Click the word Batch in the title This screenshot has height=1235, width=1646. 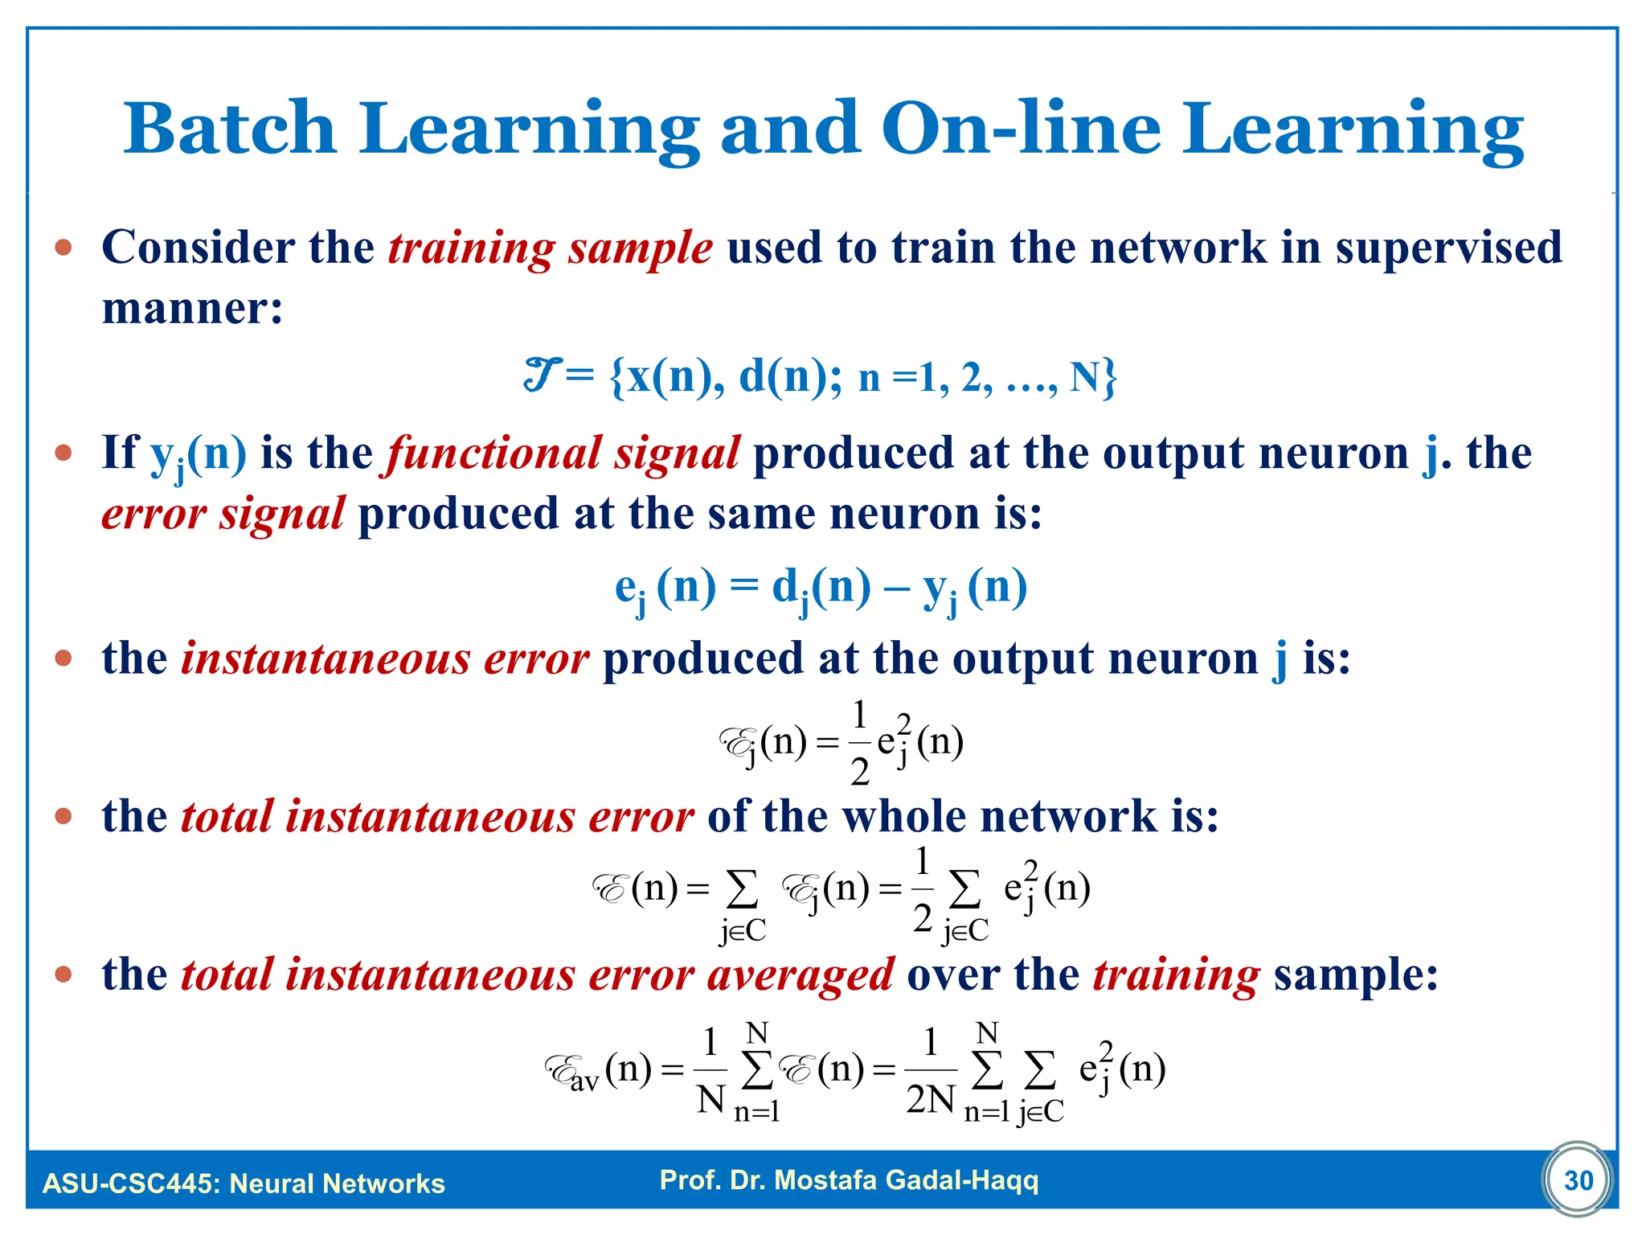(229, 129)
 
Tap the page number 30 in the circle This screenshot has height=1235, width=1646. (1578, 1180)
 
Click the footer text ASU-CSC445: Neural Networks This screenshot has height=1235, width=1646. (244, 1184)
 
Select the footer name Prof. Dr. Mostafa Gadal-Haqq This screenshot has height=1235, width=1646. (849, 1180)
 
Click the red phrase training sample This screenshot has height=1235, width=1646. (551, 248)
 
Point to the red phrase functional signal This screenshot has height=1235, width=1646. (563, 453)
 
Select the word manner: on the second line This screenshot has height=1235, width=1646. (193, 309)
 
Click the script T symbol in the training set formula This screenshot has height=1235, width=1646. (540, 375)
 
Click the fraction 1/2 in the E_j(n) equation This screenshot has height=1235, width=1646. (859, 742)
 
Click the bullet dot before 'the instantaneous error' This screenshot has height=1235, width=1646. (63, 659)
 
